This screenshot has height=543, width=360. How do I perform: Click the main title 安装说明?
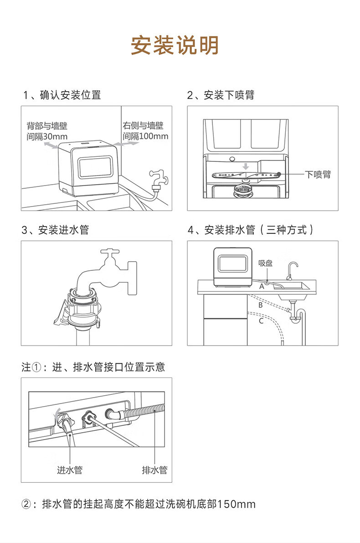175,45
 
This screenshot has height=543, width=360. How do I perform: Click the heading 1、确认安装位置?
62,95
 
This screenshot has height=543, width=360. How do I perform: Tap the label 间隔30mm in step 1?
47,136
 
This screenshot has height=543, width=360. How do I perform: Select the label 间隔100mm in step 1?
145,136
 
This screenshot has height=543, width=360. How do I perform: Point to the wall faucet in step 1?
158,180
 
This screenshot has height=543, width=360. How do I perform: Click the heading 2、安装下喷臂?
221,95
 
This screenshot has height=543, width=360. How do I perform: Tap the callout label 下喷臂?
318,174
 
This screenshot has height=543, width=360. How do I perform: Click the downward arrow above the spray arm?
246,166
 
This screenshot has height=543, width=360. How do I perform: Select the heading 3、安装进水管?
56,230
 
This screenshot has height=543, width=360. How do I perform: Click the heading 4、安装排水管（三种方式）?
251,230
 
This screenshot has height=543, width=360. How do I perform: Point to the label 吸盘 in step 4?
266,263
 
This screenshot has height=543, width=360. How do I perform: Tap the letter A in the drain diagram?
262,286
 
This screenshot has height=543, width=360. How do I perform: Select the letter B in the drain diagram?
261,305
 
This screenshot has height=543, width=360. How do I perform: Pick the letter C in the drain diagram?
262,321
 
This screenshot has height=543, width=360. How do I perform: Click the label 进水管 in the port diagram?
70,470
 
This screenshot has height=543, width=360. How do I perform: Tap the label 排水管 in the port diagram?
155,470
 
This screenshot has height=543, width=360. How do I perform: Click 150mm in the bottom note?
237,504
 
